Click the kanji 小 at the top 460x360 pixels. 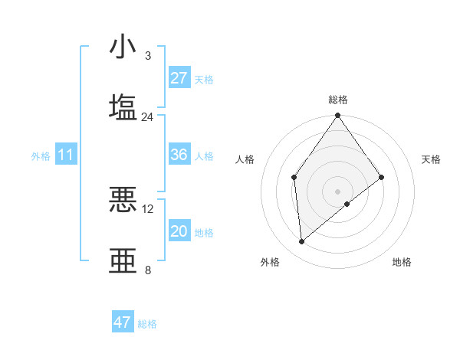coord(123,47)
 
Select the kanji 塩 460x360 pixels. coord(123,106)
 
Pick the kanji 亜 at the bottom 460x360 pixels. coord(123,260)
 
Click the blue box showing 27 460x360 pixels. coord(179,78)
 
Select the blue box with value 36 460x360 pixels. coord(179,155)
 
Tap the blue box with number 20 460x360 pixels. coord(179,231)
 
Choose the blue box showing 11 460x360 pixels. coord(65,155)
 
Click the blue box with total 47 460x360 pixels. coord(123,322)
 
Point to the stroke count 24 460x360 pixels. coord(147,117)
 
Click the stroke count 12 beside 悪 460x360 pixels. coord(148,209)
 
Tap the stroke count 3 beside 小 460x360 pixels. coord(148,56)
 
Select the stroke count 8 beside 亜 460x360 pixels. coord(148,270)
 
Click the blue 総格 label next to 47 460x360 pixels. coord(147,324)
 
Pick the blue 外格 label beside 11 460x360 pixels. coord(41,156)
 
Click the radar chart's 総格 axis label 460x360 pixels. coord(338,100)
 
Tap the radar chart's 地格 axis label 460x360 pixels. coord(402,262)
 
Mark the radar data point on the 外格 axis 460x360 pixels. coord(302,241)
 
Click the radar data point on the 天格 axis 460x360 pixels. coord(382,178)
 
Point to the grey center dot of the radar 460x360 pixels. coord(338,191)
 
